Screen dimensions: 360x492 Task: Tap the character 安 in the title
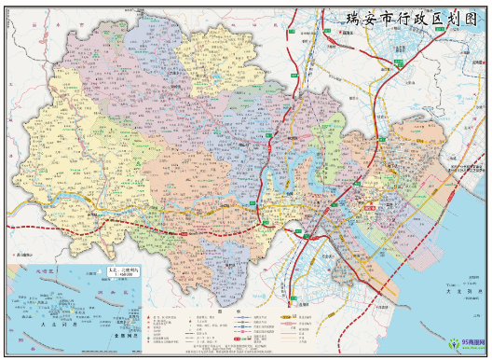pos(348,18)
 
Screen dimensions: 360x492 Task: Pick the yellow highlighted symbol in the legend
pos(298,318)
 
